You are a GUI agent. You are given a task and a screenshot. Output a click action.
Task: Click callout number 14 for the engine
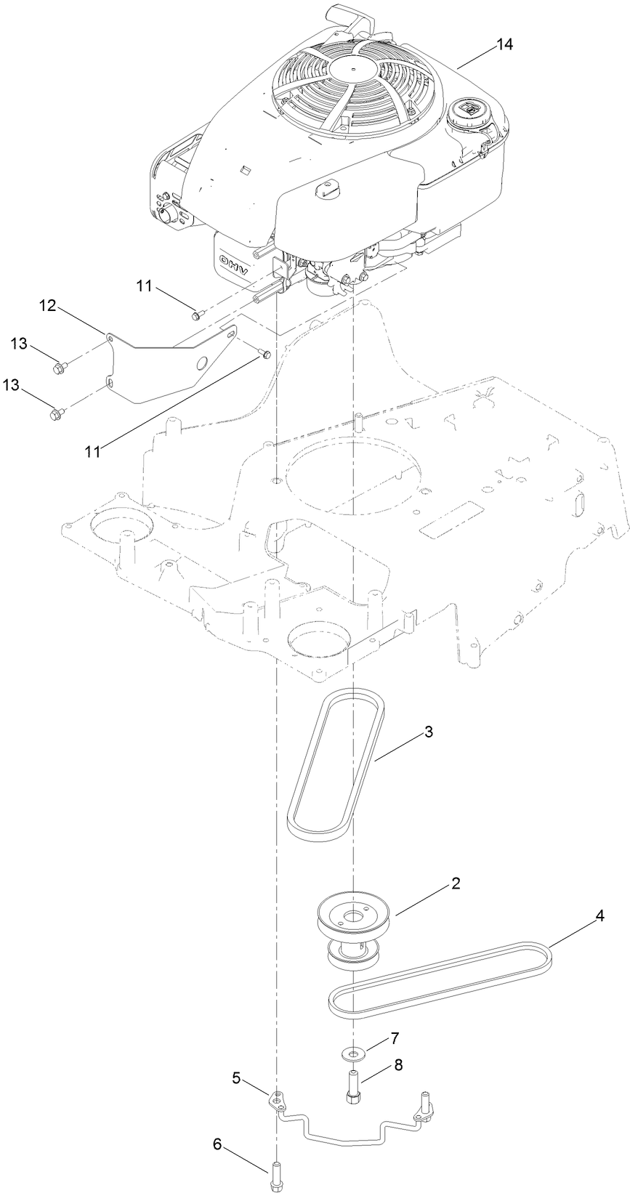(504, 44)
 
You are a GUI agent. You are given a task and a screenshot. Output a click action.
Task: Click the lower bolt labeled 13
(55, 414)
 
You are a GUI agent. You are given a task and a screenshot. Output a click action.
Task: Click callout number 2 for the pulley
(456, 883)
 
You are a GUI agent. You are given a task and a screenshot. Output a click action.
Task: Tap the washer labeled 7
(352, 1052)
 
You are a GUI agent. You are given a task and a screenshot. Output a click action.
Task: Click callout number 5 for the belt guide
(235, 1077)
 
